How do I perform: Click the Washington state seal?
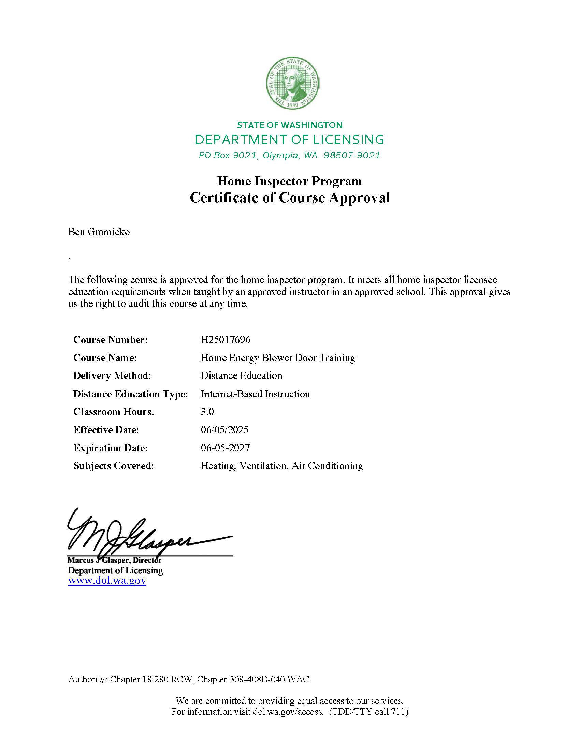tap(293, 83)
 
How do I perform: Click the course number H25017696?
tap(226, 340)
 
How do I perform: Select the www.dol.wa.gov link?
tap(107, 580)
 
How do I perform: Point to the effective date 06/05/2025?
tap(224, 430)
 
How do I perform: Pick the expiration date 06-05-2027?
tap(225, 448)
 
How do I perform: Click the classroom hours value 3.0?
tap(207, 412)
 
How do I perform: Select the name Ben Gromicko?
tap(99, 232)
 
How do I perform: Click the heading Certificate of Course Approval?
tap(290, 198)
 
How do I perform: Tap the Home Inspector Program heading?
tap(289, 181)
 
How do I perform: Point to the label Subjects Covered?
tap(113, 466)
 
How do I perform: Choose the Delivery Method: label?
tap(112, 375)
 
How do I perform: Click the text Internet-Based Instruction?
tap(255, 394)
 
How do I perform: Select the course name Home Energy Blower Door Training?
tap(278, 358)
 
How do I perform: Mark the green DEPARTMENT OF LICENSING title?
tap(289, 140)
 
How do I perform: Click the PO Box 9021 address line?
tap(289, 155)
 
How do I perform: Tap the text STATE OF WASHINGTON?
tap(290, 125)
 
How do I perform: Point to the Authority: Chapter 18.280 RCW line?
tap(189, 679)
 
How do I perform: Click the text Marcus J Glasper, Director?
tap(114, 560)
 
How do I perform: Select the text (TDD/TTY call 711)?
tap(368, 712)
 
